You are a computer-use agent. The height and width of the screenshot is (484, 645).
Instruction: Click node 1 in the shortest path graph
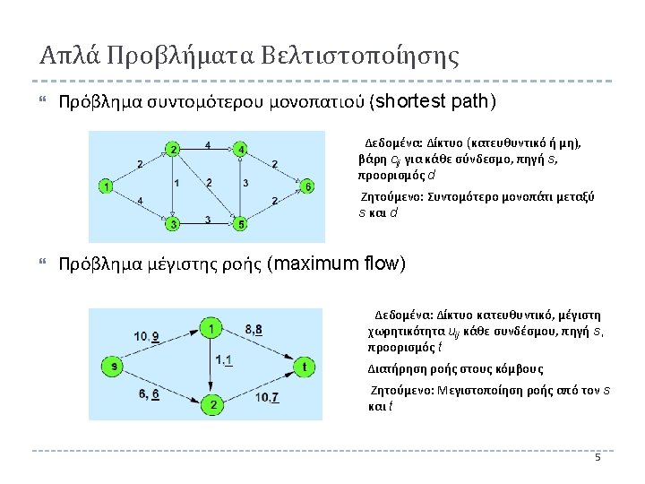pyautogui.click(x=107, y=187)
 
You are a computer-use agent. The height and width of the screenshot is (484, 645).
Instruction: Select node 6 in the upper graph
pyautogui.click(x=308, y=186)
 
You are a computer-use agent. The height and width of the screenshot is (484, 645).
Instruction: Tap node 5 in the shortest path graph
pyautogui.click(x=240, y=223)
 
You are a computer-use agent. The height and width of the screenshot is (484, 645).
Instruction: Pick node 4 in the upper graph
pyautogui.click(x=240, y=149)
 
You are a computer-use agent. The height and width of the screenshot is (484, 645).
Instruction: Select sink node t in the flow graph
pyautogui.click(x=305, y=366)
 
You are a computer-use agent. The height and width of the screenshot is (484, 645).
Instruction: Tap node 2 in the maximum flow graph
pyautogui.click(x=213, y=405)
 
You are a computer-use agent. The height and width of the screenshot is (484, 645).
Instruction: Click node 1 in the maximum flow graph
pyautogui.click(x=211, y=329)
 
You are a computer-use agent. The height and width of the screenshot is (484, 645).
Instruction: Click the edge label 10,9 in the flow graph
pyautogui.click(x=147, y=336)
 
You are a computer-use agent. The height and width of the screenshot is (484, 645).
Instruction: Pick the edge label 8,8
pyautogui.click(x=254, y=330)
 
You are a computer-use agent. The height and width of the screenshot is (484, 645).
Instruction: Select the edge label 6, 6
pyautogui.click(x=149, y=393)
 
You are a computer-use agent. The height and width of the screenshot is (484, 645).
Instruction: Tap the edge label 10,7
pyautogui.click(x=267, y=398)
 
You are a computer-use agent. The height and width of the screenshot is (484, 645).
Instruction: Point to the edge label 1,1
pyautogui.click(x=225, y=360)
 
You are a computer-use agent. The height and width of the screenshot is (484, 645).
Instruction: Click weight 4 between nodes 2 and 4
pyautogui.click(x=207, y=143)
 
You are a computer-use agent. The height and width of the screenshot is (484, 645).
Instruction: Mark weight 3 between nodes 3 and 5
pyautogui.click(x=207, y=220)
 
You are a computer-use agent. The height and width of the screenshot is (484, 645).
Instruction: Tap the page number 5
pyautogui.click(x=598, y=459)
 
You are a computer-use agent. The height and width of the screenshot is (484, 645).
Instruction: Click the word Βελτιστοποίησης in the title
pyautogui.click(x=360, y=56)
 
